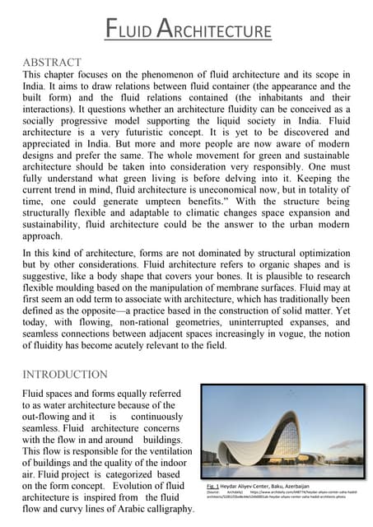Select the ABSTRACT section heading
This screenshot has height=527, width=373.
click(x=53, y=62)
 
